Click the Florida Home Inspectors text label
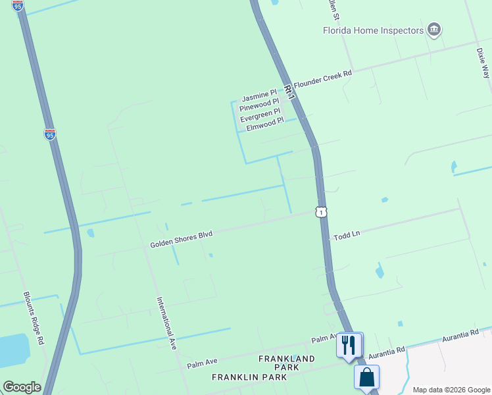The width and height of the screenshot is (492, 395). click(x=373, y=30)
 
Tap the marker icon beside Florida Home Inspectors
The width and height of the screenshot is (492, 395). click(x=433, y=30)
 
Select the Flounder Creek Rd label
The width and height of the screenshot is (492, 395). click(x=323, y=79)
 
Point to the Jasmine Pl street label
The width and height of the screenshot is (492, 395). click(x=259, y=97)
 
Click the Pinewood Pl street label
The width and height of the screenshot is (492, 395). click(x=259, y=108)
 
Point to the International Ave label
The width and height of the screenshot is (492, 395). click(x=167, y=323)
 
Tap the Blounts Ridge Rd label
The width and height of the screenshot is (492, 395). click(x=34, y=319)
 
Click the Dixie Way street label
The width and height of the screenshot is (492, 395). click(x=483, y=63)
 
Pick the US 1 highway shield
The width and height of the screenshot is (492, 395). click(x=320, y=211)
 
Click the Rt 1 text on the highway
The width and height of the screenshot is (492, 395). click(x=291, y=92)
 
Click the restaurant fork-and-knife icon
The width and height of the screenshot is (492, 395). click(x=349, y=344)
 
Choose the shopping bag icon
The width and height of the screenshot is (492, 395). click(x=366, y=378)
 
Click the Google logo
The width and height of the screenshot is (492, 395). click(x=22, y=387)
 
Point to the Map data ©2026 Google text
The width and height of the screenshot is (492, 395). click(x=451, y=389)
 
